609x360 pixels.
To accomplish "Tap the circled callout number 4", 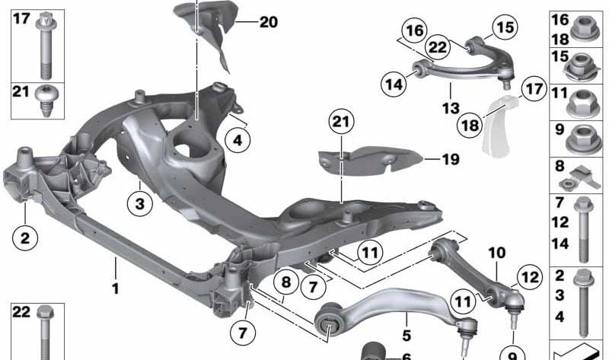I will (x=238, y=140).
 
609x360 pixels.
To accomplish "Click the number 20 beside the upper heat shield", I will (x=269, y=22).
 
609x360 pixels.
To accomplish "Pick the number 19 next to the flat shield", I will (x=451, y=160).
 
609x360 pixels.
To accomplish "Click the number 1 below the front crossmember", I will (x=116, y=289).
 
